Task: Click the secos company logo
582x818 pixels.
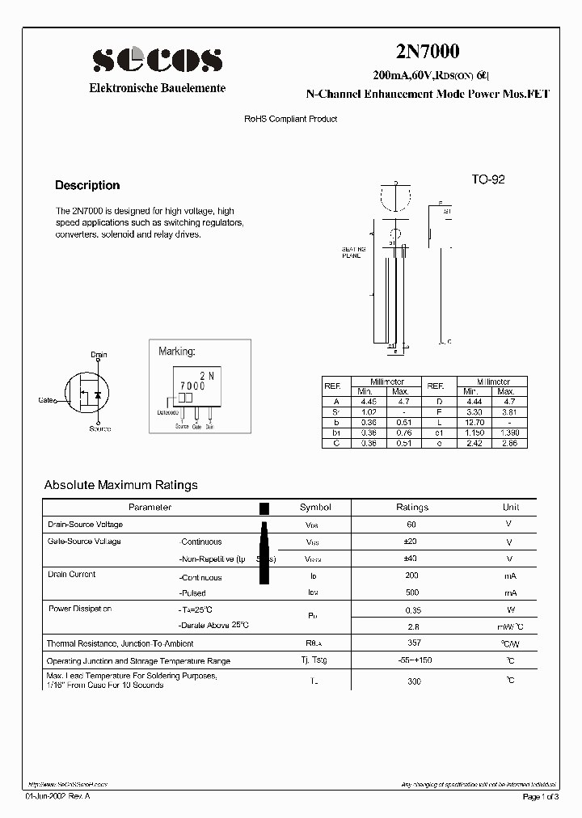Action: coord(157,60)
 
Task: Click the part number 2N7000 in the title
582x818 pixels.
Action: coord(427,51)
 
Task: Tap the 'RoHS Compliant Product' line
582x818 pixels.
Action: coord(291,119)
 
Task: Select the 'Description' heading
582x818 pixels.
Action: coord(87,185)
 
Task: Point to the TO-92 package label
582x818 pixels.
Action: coord(488,179)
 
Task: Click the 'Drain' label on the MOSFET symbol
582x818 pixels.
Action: coord(99,355)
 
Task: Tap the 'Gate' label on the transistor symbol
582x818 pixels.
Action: coord(46,399)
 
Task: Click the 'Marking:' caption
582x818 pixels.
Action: coord(177,352)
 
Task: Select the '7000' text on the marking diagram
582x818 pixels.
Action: coord(192,386)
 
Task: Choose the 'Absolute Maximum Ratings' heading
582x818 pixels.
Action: coord(120,485)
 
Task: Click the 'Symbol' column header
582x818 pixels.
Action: coord(315,507)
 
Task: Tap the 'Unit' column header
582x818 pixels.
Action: coord(511,507)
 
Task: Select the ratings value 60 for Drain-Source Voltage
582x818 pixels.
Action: coord(411,525)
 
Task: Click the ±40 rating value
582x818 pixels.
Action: coord(411,559)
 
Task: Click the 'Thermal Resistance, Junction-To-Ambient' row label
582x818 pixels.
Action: coord(120,643)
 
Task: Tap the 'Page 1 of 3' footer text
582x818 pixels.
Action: coord(540,797)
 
